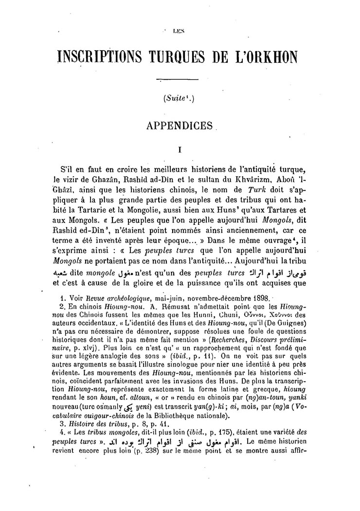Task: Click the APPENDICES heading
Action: point(180,125)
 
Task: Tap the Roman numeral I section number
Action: point(180,151)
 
